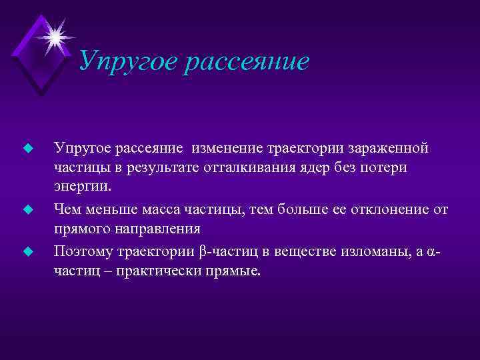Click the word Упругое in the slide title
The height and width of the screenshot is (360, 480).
126,63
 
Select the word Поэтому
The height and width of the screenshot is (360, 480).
85,252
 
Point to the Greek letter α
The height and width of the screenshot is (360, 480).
431,253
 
